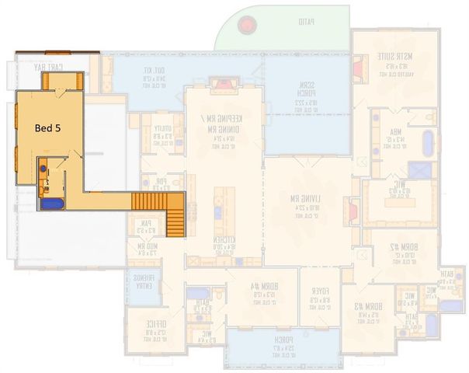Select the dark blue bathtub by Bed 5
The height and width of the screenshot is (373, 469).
click(x=52, y=204)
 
